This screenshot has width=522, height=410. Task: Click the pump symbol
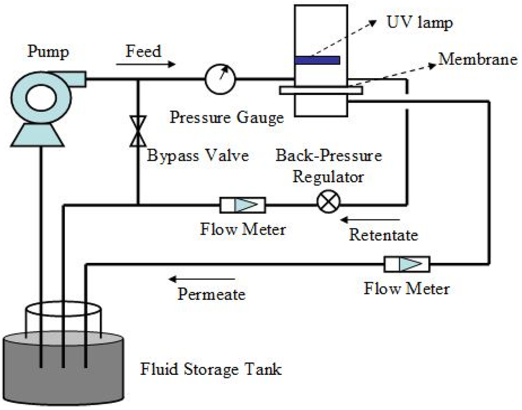coord(41,100)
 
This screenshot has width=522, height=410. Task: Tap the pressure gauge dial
coord(220,79)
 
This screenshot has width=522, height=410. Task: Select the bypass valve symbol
coord(138,130)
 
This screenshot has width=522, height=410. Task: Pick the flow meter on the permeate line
coord(407,264)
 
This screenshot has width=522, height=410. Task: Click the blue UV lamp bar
coord(317,60)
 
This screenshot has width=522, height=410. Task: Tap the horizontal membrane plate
coord(321,90)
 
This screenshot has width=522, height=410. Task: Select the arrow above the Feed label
coord(145,64)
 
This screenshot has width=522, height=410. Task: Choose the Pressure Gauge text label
coord(226,118)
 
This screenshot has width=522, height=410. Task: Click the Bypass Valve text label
coord(197,155)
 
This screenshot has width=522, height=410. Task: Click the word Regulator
coord(329,177)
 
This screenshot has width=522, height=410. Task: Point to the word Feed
coord(143,51)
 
